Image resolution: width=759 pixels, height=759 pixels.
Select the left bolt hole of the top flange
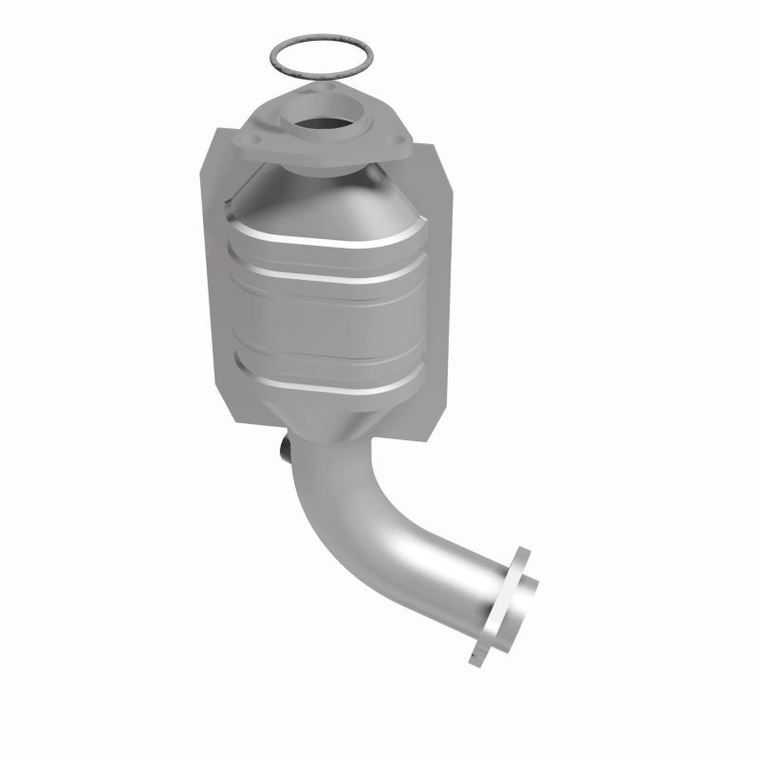[x=250, y=144]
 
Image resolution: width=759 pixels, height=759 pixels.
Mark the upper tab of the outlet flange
[x=520, y=557]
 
